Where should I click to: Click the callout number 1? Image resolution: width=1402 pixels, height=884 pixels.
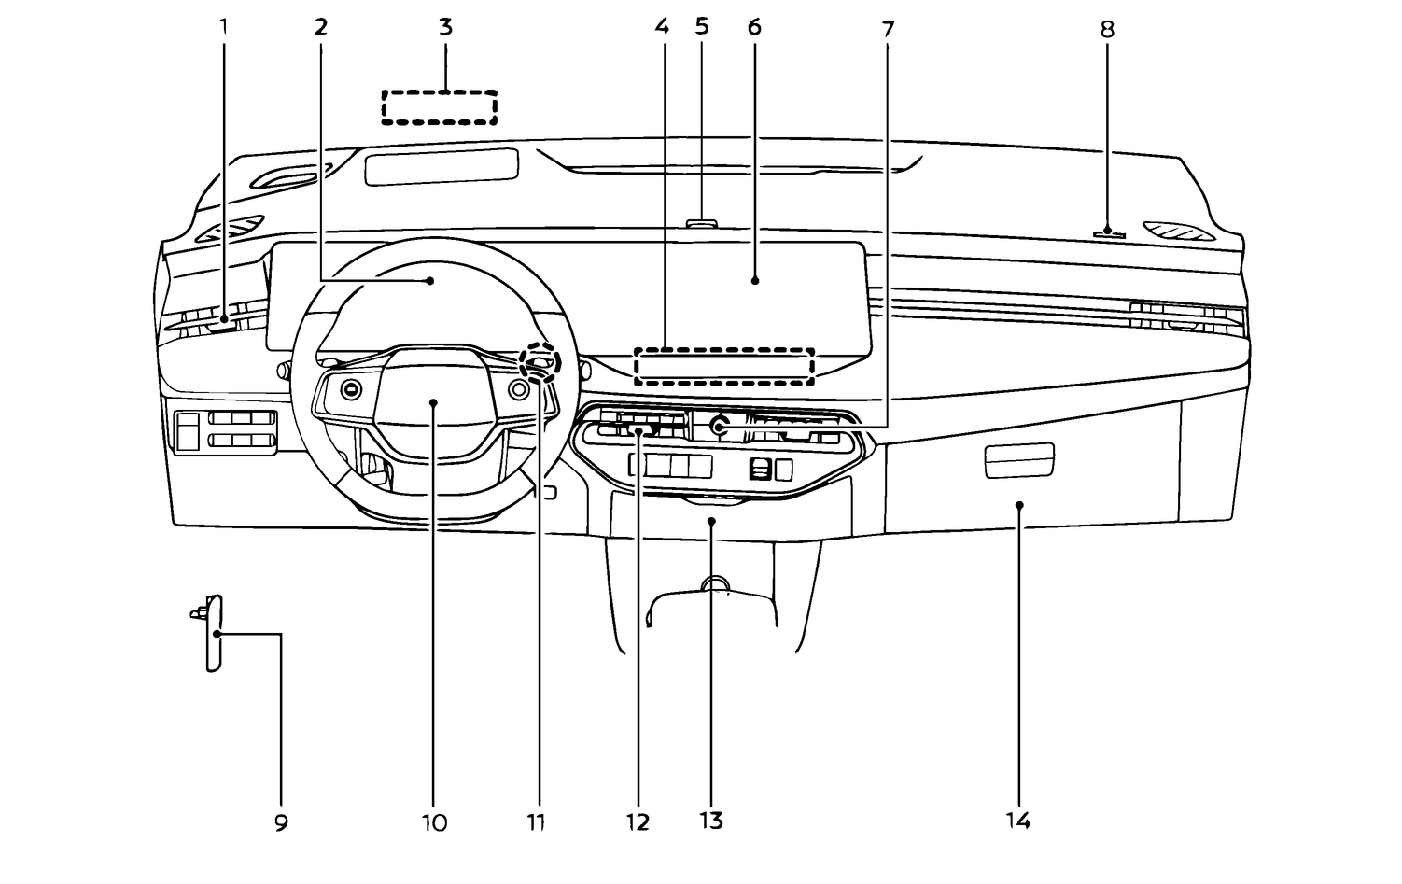click(x=223, y=27)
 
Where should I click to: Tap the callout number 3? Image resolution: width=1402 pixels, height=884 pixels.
click(x=445, y=27)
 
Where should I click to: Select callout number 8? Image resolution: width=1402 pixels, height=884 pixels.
click(x=1107, y=29)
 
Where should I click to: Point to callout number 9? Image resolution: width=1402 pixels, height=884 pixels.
click(x=281, y=822)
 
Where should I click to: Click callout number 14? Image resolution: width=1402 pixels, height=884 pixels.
click(x=1018, y=821)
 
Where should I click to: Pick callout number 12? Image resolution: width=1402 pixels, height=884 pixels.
click(x=638, y=822)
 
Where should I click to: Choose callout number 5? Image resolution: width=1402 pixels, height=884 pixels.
click(x=702, y=26)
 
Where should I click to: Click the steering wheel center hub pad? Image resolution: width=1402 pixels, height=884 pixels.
click(x=433, y=400)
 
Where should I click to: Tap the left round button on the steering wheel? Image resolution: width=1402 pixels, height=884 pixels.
click(x=351, y=390)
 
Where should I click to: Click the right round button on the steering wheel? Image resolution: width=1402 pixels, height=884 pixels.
click(x=518, y=389)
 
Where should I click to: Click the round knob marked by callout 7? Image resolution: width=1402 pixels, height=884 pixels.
click(x=719, y=426)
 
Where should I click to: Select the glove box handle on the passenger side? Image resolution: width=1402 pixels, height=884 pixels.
click(x=1019, y=460)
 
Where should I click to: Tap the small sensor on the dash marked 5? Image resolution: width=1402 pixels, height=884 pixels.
click(x=702, y=223)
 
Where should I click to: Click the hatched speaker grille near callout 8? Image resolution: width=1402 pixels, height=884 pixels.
click(x=1179, y=231)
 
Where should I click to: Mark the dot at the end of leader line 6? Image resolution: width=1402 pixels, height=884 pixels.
click(x=755, y=281)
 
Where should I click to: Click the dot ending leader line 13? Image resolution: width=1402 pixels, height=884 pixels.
click(x=711, y=521)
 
